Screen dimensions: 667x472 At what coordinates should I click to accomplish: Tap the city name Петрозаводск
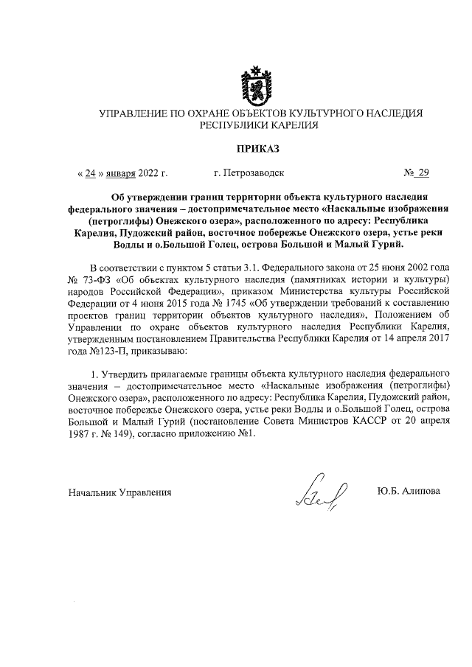249,174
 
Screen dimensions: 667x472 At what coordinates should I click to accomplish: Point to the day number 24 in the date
91,174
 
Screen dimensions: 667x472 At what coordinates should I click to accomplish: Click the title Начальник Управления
119,492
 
